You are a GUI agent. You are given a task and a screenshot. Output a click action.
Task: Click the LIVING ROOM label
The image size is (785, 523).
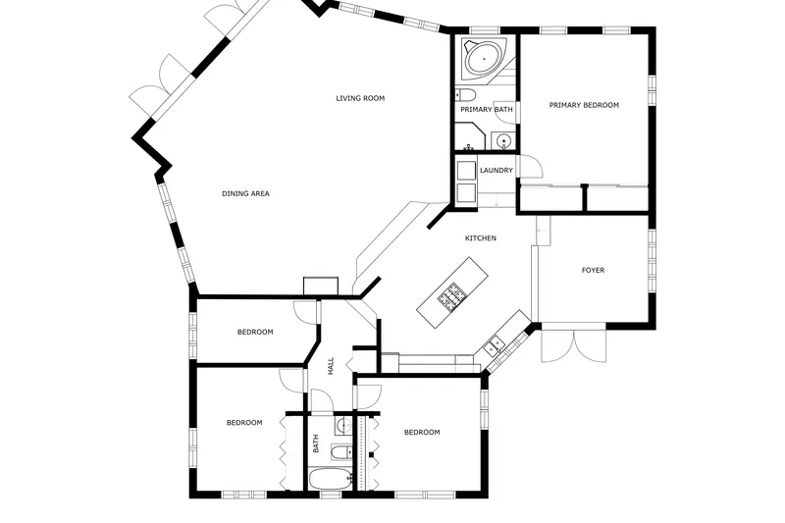point(360,98)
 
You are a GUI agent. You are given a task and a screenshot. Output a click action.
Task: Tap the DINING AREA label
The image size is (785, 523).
point(245,193)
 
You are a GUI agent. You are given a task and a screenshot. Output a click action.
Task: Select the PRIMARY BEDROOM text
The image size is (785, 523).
point(584,105)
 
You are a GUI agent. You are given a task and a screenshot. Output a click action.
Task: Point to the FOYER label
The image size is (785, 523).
point(593,270)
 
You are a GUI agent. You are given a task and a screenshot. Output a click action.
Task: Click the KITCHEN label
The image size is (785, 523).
point(481,238)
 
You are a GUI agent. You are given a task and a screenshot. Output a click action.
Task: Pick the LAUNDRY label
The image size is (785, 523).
point(497,170)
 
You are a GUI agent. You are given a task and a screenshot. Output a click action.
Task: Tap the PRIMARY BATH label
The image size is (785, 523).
point(486,109)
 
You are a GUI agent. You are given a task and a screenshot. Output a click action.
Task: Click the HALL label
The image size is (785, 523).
point(331,366)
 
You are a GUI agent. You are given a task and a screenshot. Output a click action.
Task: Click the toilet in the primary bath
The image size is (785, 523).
point(464,94)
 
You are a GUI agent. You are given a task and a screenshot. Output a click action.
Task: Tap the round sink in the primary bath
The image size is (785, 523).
point(502,140)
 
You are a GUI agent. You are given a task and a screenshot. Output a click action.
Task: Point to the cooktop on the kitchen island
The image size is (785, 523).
point(450,296)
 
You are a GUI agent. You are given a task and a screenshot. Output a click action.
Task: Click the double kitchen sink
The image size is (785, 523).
point(495,344)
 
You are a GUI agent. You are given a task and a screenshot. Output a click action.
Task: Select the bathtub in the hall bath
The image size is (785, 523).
point(330,480)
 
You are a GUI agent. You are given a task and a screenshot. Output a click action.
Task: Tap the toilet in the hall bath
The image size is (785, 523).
point(340,452)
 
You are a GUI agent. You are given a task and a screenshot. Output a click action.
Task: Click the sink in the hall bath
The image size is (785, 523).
point(342,426)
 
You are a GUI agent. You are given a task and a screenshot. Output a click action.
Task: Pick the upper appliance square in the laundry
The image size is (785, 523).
point(466,170)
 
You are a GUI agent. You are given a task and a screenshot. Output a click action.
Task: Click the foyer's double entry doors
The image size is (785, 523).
point(574,345)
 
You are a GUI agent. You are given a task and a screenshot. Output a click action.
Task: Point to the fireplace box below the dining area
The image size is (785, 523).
point(321,286)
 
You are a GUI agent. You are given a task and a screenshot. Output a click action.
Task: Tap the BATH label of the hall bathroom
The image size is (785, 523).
point(316,444)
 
